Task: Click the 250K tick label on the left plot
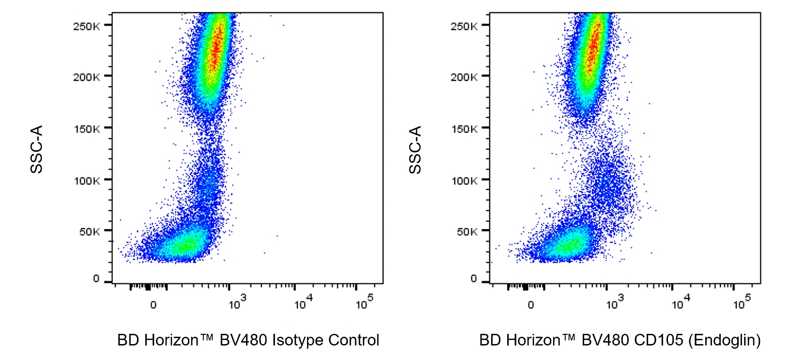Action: (86, 26)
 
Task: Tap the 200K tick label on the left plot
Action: (86, 77)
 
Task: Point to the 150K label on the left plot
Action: (86, 129)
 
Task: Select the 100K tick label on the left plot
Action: (86, 181)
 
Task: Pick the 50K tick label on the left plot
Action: (89, 232)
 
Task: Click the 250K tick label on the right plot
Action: (464, 26)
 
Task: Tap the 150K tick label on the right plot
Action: (464, 129)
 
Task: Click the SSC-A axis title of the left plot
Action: (37, 149)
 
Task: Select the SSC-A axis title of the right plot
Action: (415, 149)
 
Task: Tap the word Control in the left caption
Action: (354, 340)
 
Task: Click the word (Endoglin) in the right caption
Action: (727, 340)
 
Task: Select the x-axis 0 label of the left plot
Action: (153, 305)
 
